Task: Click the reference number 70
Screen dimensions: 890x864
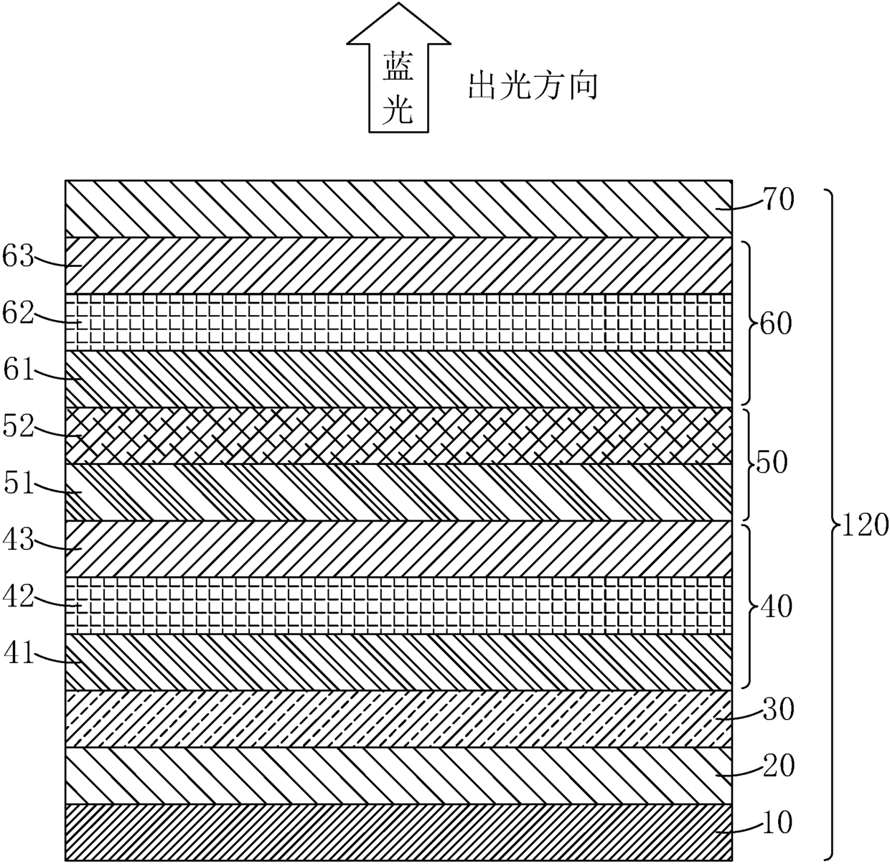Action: click(777, 199)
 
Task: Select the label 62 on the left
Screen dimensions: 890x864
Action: click(18, 313)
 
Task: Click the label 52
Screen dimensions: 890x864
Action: click(18, 426)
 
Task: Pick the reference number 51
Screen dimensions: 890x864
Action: click(19, 483)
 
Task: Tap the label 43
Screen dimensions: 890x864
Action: click(18, 540)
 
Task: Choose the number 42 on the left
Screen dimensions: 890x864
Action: click(18, 596)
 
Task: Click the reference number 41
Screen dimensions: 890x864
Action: click(19, 653)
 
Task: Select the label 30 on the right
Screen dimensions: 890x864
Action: click(777, 710)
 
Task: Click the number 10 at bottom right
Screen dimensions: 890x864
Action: click(777, 823)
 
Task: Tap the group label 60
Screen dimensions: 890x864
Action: click(775, 324)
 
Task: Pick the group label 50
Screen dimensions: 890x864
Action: click(772, 462)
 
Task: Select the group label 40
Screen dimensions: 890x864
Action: click(776, 607)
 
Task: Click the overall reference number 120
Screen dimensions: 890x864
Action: click(864, 525)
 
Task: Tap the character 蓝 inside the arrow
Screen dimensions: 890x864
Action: click(398, 66)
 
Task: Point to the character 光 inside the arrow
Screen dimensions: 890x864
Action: click(398, 110)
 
